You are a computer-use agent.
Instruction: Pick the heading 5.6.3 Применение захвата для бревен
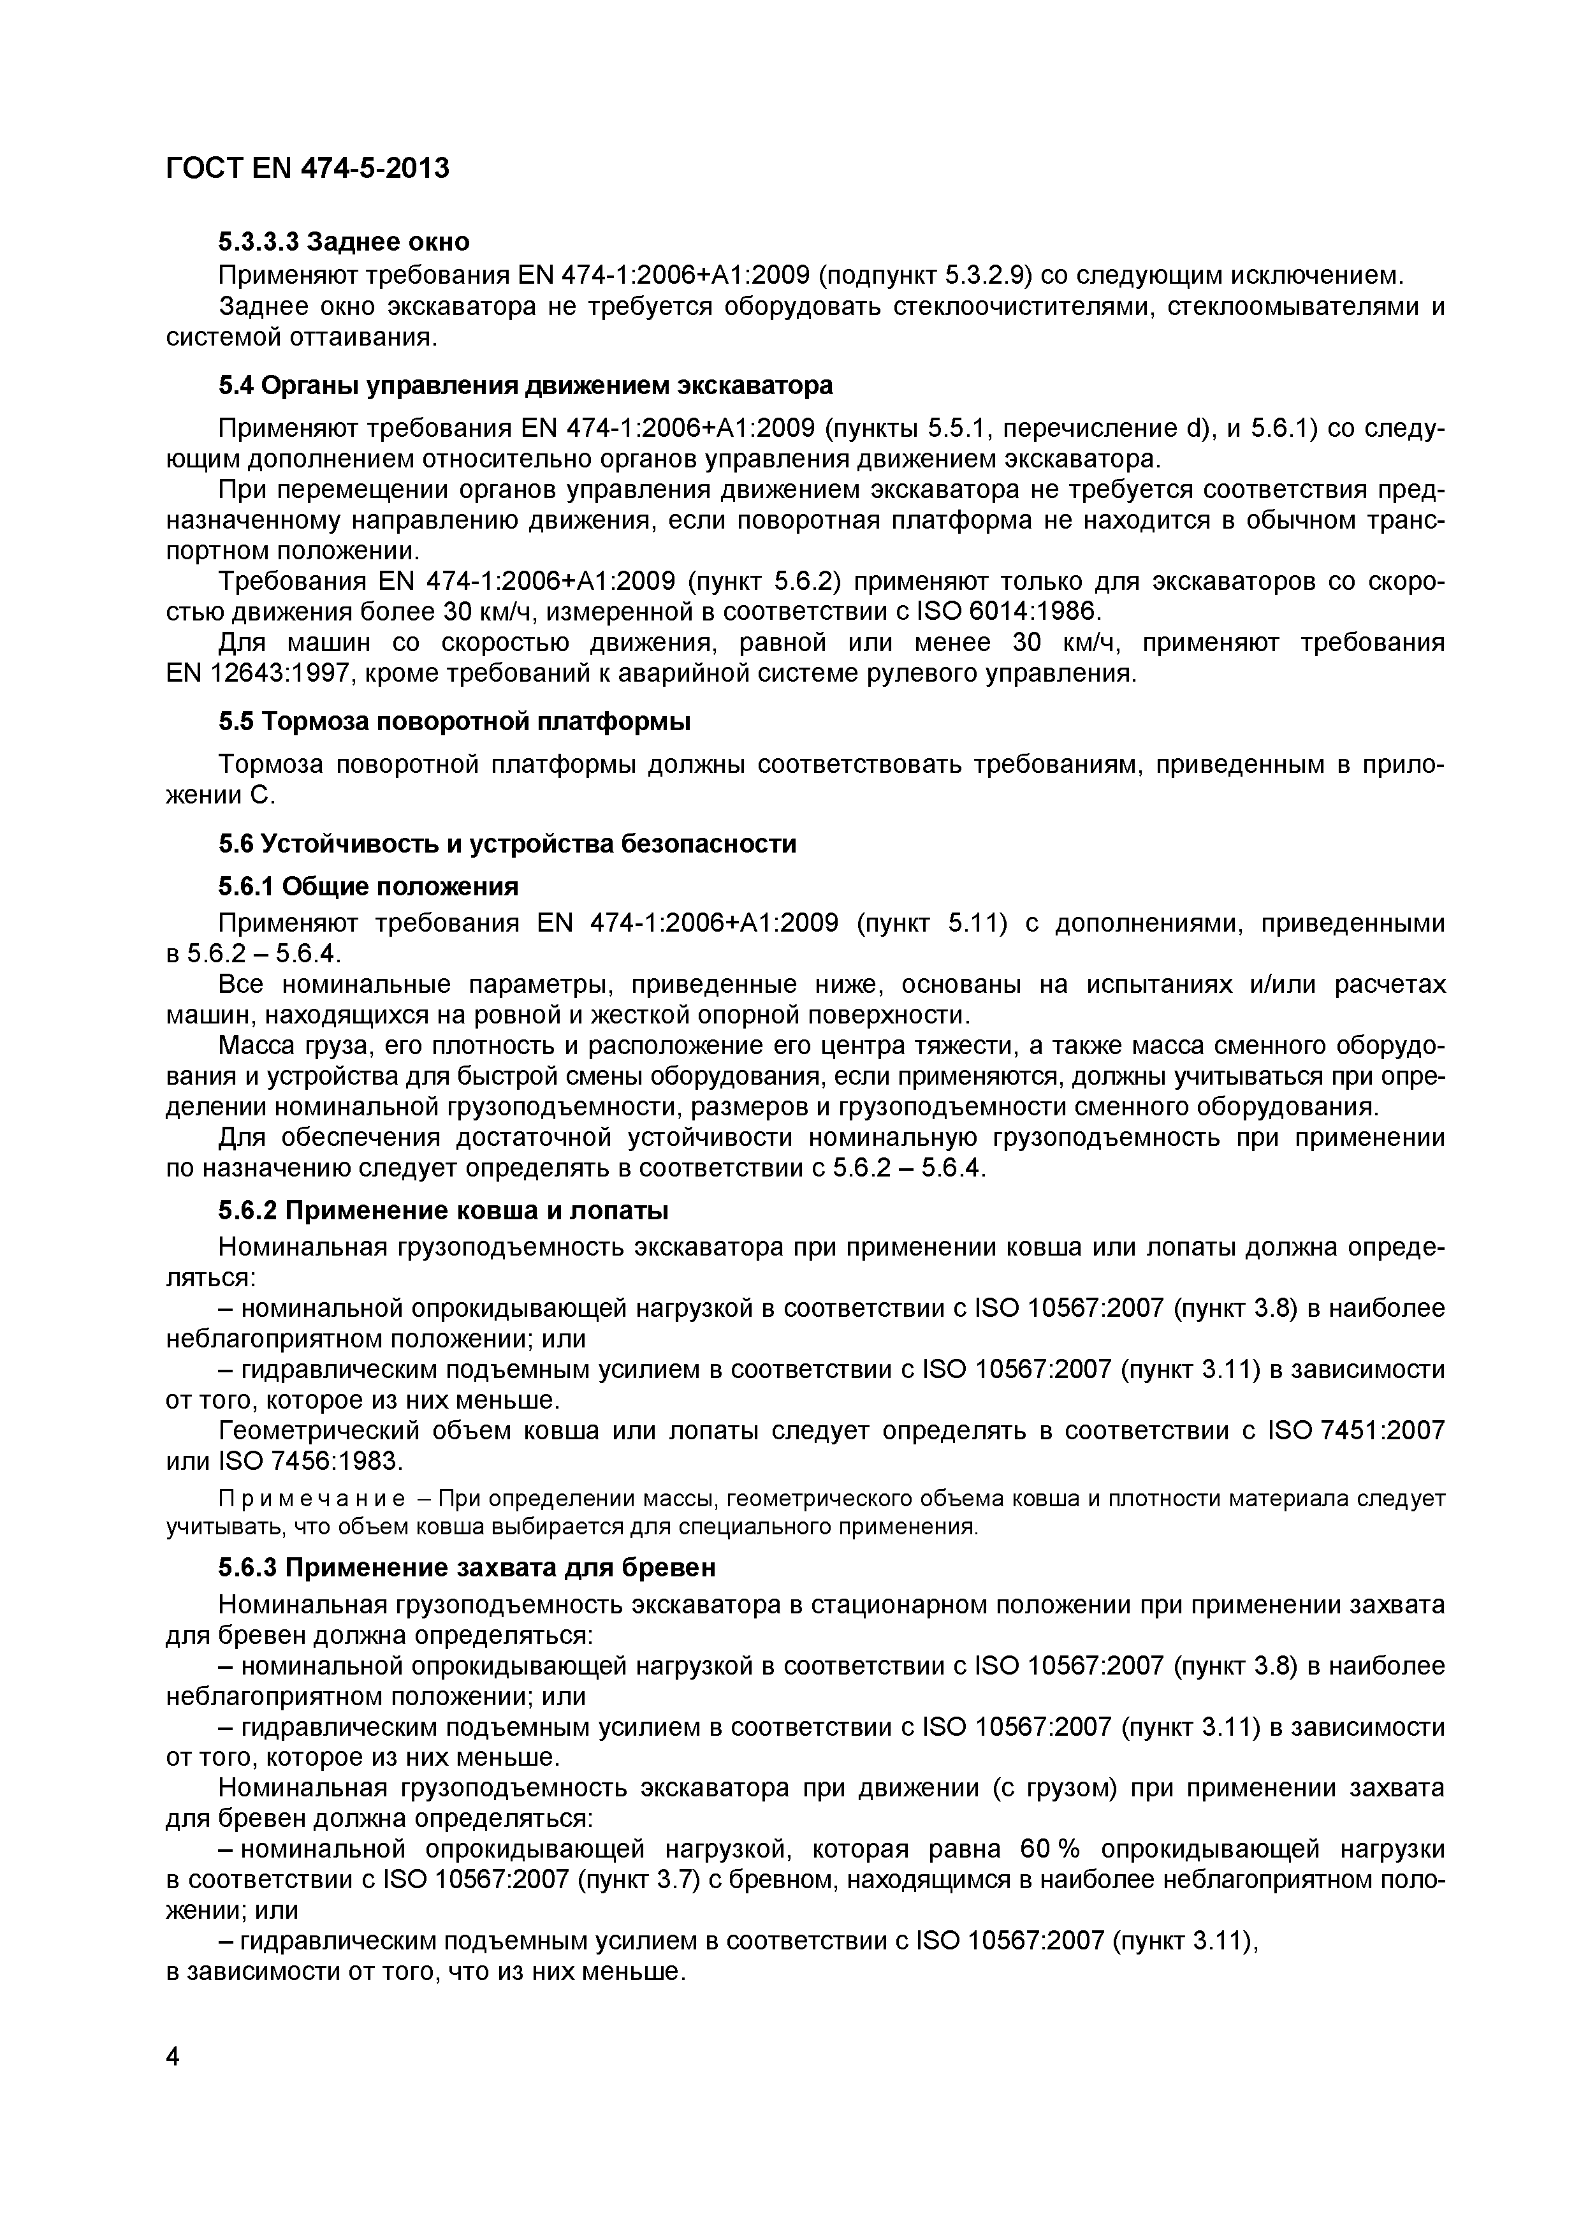pos(467,1567)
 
